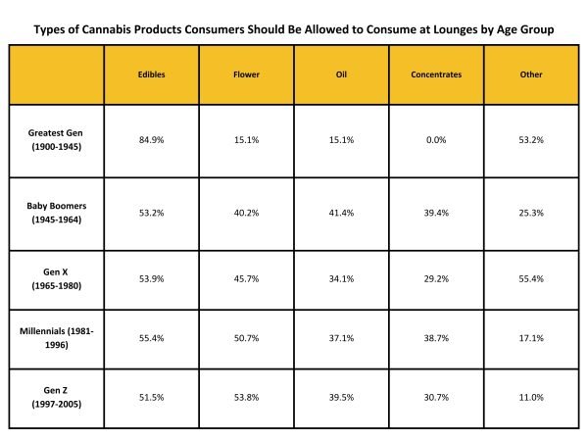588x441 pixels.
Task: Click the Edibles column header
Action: click(x=151, y=73)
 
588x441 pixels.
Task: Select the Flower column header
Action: click(x=245, y=73)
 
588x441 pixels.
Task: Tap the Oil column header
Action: click(x=341, y=73)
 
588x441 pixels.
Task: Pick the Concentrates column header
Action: click(x=436, y=73)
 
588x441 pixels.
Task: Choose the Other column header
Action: click(x=531, y=73)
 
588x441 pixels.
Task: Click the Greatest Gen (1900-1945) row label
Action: click(x=56, y=139)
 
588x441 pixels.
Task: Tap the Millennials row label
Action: click(x=56, y=331)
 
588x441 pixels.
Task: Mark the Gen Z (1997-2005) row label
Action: click(x=56, y=396)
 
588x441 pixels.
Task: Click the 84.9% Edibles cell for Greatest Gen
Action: click(x=151, y=139)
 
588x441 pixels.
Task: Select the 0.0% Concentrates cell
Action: click(x=436, y=139)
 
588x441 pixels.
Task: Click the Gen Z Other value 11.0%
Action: click(x=531, y=396)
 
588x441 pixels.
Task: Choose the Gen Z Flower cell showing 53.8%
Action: click(x=245, y=396)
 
